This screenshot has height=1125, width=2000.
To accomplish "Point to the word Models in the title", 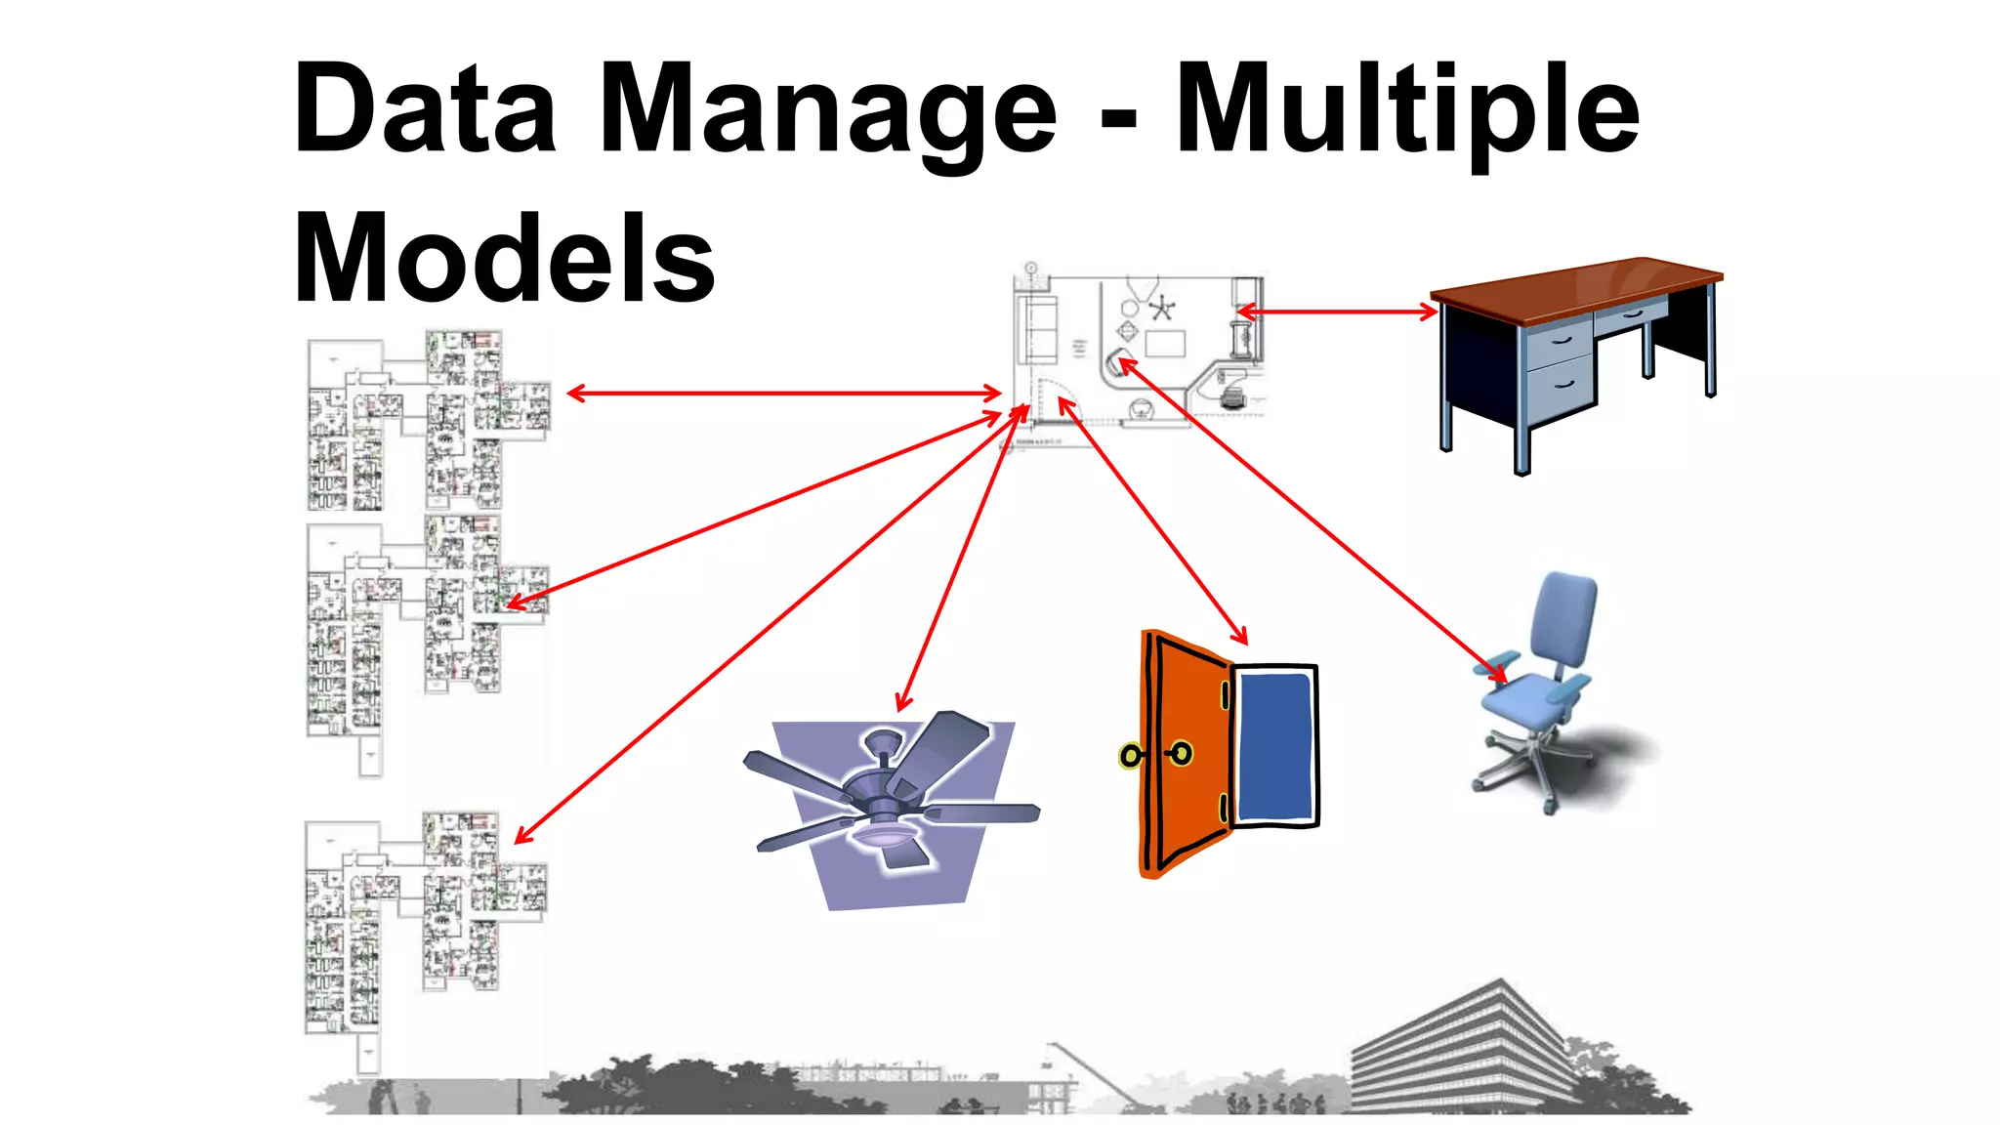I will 504,259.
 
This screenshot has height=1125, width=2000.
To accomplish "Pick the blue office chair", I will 1548,684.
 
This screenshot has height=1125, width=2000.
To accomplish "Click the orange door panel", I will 1187,752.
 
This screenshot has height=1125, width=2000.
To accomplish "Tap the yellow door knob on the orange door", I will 1131,756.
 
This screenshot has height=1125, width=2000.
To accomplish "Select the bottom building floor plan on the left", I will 425,928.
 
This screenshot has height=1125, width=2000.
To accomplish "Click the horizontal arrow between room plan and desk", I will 1338,312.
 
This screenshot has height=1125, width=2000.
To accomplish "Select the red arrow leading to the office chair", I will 1309,518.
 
